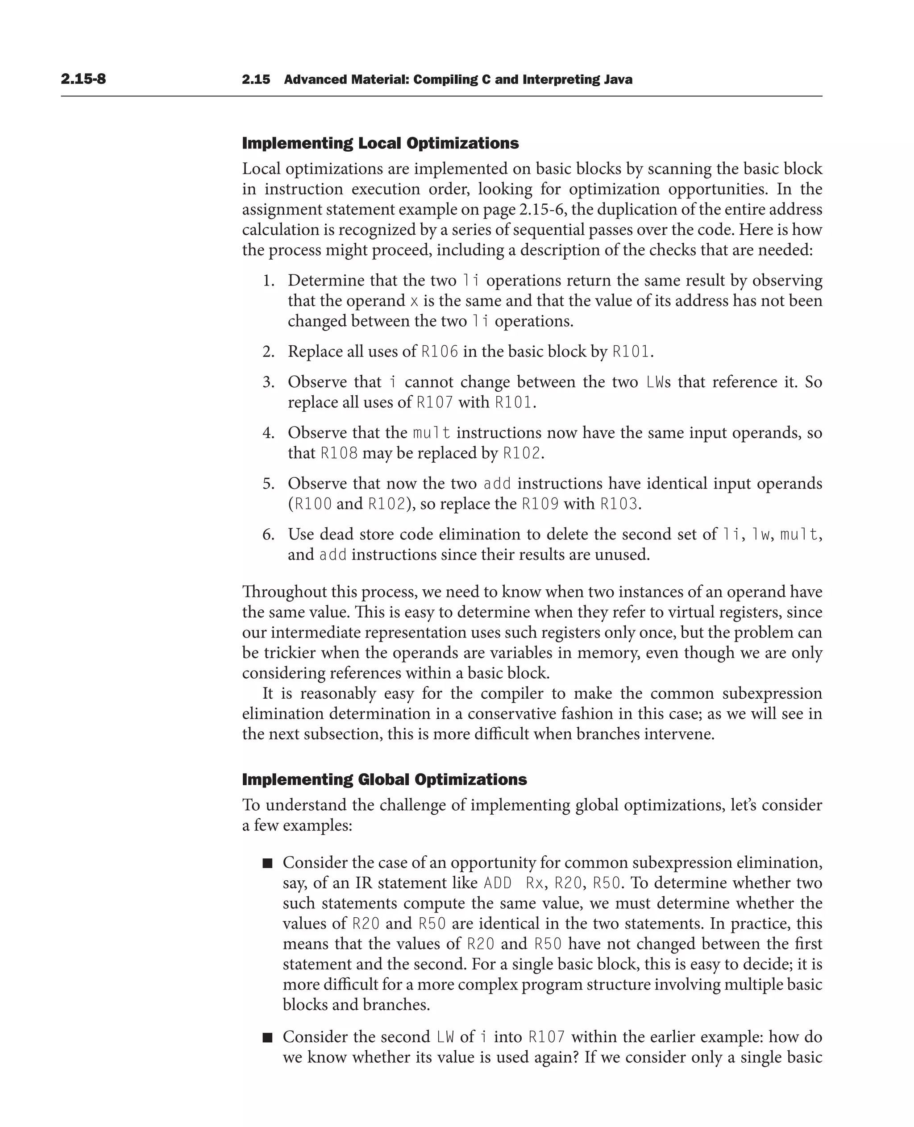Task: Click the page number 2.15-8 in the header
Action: coord(83,79)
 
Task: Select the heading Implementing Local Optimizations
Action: coord(380,143)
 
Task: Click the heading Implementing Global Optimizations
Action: coord(384,779)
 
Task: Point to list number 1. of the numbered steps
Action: coord(269,281)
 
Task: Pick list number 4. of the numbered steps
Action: coord(269,433)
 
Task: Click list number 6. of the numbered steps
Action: coord(269,534)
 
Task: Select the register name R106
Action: coord(440,352)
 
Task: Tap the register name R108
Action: coord(339,453)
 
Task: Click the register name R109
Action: coord(540,504)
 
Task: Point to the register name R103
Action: coord(619,504)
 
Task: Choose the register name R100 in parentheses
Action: coord(313,504)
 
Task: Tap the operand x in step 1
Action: coord(414,301)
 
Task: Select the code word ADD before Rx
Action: coord(497,883)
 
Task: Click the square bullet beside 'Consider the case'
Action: coord(267,863)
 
